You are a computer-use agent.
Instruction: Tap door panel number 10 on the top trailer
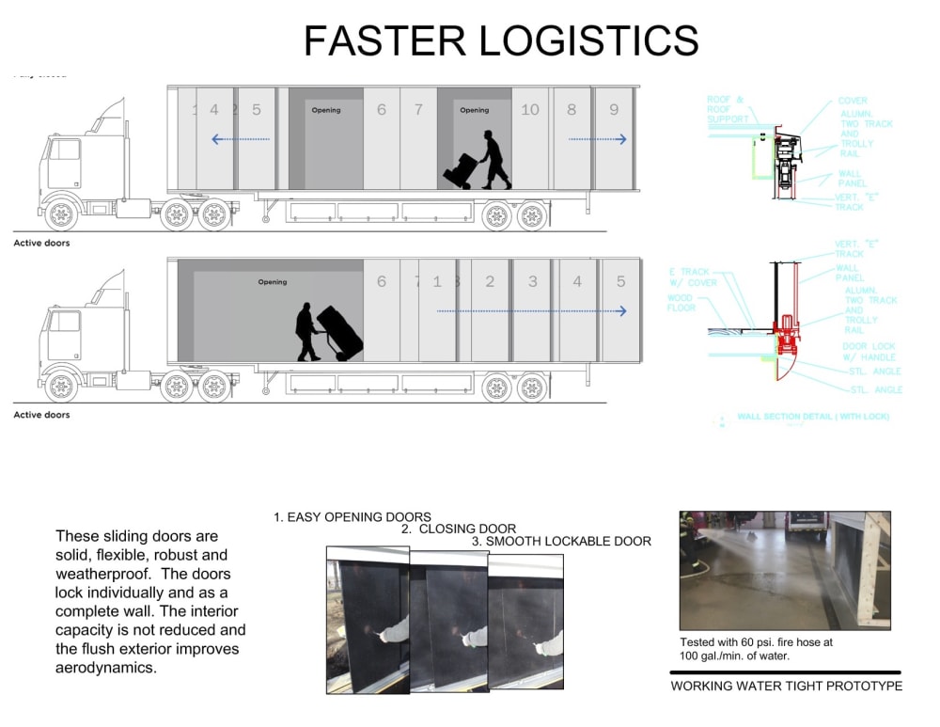pyautogui.click(x=530, y=110)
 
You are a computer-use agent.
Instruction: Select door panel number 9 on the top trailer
pyautogui.click(x=614, y=110)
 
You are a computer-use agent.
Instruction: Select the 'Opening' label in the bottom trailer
pyautogui.click(x=273, y=282)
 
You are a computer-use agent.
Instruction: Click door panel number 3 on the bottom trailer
pyautogui.click(x=533, y=281)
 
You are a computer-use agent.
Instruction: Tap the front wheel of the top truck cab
pyautogui.click(x=62, y=214)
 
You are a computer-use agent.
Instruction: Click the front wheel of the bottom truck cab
pyautogui.click(x=62, y=386)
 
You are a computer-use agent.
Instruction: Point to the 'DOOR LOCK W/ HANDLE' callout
pyautogui.click(x=869, y=352)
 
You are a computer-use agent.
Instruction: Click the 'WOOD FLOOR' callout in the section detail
pyautogui.click(x=681, y=303)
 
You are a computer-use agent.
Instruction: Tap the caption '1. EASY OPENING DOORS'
pyautogui.click(x=352, y=516)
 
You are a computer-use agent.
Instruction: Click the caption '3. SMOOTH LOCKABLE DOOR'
pyautogui.click(x=561, y=541)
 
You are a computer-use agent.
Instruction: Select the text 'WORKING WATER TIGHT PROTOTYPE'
pyautogui.click(x=786, y=686)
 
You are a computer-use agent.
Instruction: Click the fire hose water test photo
pyautogui.click(x=784, y=570)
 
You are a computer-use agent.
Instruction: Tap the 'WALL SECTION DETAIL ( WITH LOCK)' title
pyautogui.click(x=812, y=416)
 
